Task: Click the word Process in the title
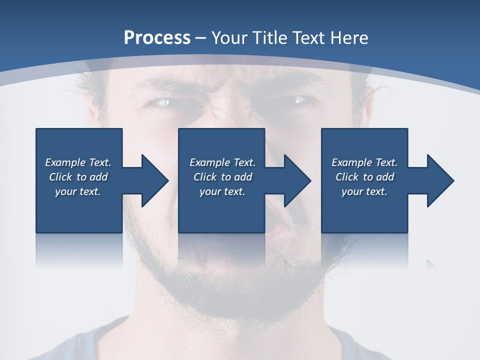[x=157, y=38]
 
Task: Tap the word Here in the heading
[x=349, y=38]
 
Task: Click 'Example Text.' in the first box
[x=78, y=162]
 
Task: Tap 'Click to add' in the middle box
[x=222, y=177]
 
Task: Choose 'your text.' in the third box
[x=364, y=191]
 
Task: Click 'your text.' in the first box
[x=78, y=191]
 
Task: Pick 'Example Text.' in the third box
[x=364, y=162]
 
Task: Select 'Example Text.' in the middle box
[x=222, y=162]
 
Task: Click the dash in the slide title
[x=200, y=38]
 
